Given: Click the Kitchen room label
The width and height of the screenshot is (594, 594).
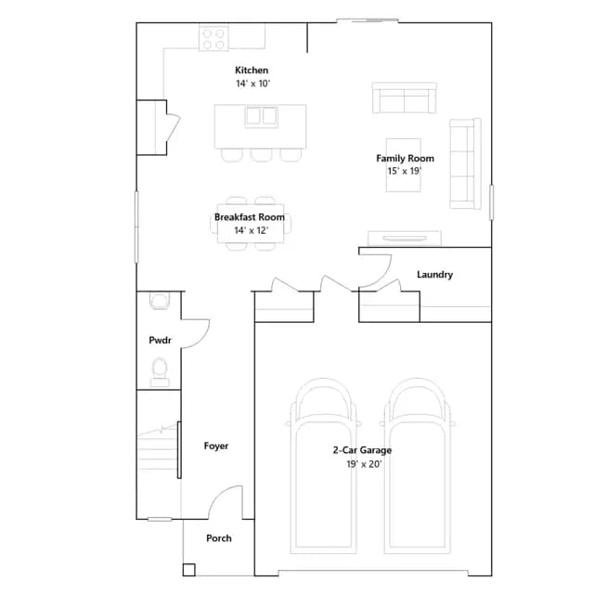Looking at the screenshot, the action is (252, 71).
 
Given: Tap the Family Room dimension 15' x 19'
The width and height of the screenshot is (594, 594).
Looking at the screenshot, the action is (405, 171).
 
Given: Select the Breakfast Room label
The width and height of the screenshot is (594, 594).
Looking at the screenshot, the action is (250, 217).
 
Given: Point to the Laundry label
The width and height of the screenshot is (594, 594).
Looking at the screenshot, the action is (435, 275).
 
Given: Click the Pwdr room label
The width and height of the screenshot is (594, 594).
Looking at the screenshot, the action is (160, 340).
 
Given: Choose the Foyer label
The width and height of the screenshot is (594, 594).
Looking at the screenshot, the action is (216, 445).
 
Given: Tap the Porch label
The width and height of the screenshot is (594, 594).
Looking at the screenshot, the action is (219, 538).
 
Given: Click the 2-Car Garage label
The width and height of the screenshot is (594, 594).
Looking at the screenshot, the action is (362, 450).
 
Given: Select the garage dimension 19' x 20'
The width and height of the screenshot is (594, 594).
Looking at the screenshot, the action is (364, 464).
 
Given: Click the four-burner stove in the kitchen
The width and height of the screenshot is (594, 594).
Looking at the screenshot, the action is (213, 39).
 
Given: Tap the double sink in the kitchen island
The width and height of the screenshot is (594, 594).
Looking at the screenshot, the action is (262, 117).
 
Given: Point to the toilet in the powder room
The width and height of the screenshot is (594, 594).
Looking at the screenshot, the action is (160, 371).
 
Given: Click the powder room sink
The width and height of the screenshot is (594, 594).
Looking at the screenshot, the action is (160, 301).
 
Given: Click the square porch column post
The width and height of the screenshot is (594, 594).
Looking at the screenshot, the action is (188, 570).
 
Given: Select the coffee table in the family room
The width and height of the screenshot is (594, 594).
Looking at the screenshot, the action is (404, 165).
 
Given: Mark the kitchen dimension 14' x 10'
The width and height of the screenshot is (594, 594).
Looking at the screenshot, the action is (252, 84).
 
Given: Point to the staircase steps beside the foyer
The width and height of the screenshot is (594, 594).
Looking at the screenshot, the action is (158, 451).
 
